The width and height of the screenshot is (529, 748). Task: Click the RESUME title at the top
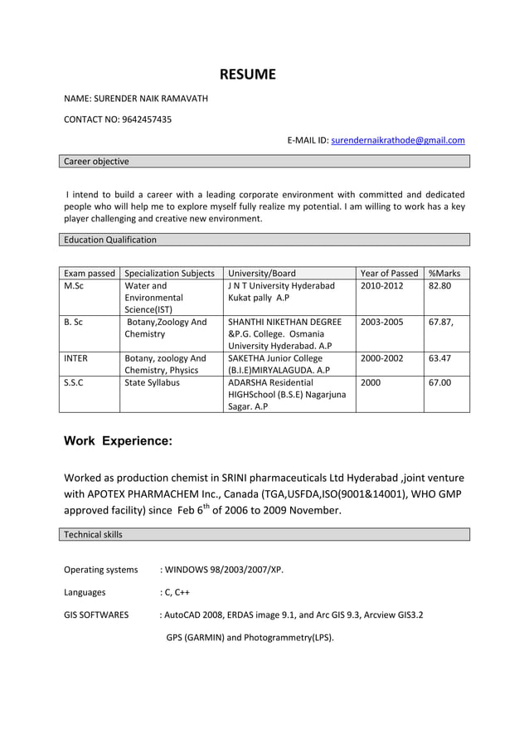247,75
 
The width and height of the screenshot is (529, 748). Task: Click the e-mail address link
397,140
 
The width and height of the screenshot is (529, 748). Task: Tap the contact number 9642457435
147,119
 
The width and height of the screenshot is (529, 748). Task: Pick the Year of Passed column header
390,273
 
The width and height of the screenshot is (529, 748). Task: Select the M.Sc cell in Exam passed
74,286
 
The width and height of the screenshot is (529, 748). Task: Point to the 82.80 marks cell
440,286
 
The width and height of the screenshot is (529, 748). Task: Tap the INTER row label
76,358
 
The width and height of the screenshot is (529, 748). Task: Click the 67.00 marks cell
440,383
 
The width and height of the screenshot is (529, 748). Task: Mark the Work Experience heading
118,441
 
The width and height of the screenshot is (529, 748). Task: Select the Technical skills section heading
93,534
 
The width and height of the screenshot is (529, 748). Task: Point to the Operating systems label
101,570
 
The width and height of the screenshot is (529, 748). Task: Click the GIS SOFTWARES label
96,615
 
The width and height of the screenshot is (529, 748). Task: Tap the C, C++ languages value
177,593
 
